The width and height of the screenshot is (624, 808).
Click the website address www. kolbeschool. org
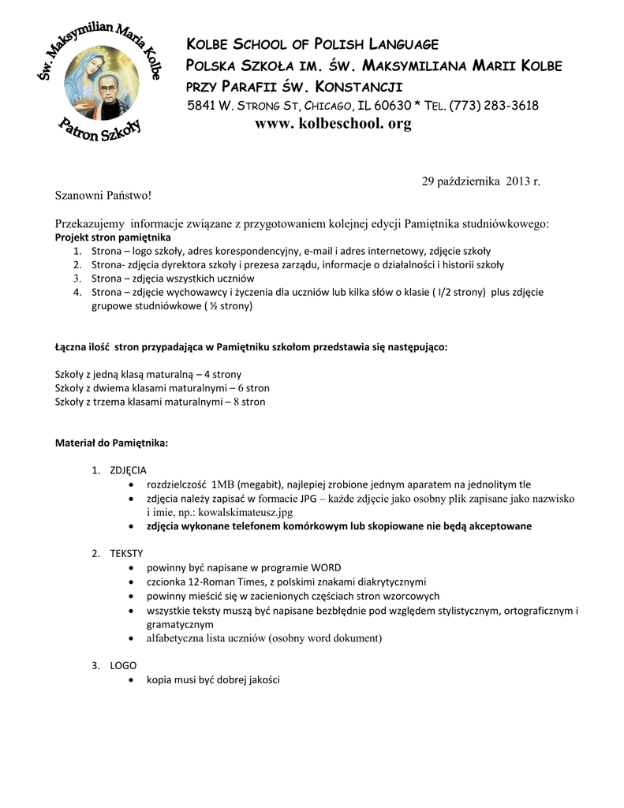[333, 124]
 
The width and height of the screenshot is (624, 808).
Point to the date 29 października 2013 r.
[480, 181]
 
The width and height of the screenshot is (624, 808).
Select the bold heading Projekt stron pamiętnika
[112, 237]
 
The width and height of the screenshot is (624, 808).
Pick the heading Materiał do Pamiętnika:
[111, 443]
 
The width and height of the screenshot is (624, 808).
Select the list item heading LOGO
[123, 665]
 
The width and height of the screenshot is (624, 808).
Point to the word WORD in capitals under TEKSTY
[326, 567]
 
